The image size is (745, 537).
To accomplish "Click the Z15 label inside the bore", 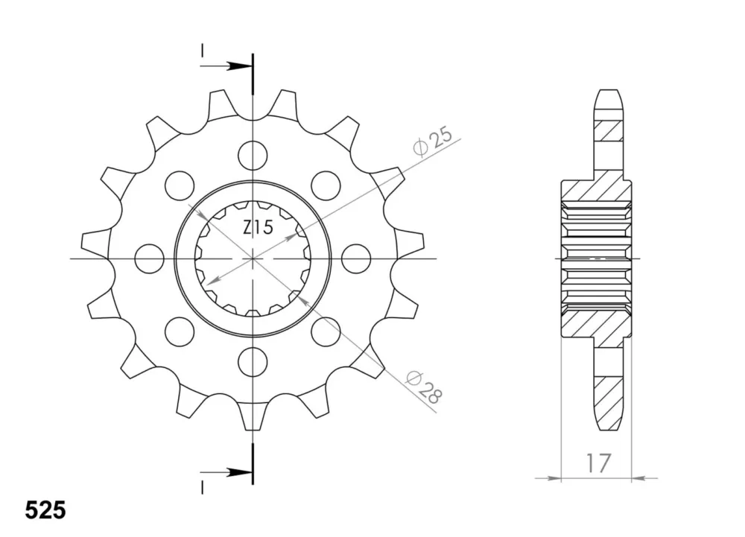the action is [258, 228].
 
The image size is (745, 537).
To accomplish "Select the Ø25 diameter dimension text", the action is [433, 141].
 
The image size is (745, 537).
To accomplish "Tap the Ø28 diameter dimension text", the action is [424, 387].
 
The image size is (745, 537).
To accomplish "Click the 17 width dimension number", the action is [597, 464].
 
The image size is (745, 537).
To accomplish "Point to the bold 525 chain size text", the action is [45, 511].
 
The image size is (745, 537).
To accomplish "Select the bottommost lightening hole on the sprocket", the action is [253, 362].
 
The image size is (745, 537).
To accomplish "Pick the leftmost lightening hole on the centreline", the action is [149, 258].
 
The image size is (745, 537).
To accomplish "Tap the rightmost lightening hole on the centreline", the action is [356, 258].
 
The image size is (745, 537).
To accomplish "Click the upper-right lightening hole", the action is [326, 185].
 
